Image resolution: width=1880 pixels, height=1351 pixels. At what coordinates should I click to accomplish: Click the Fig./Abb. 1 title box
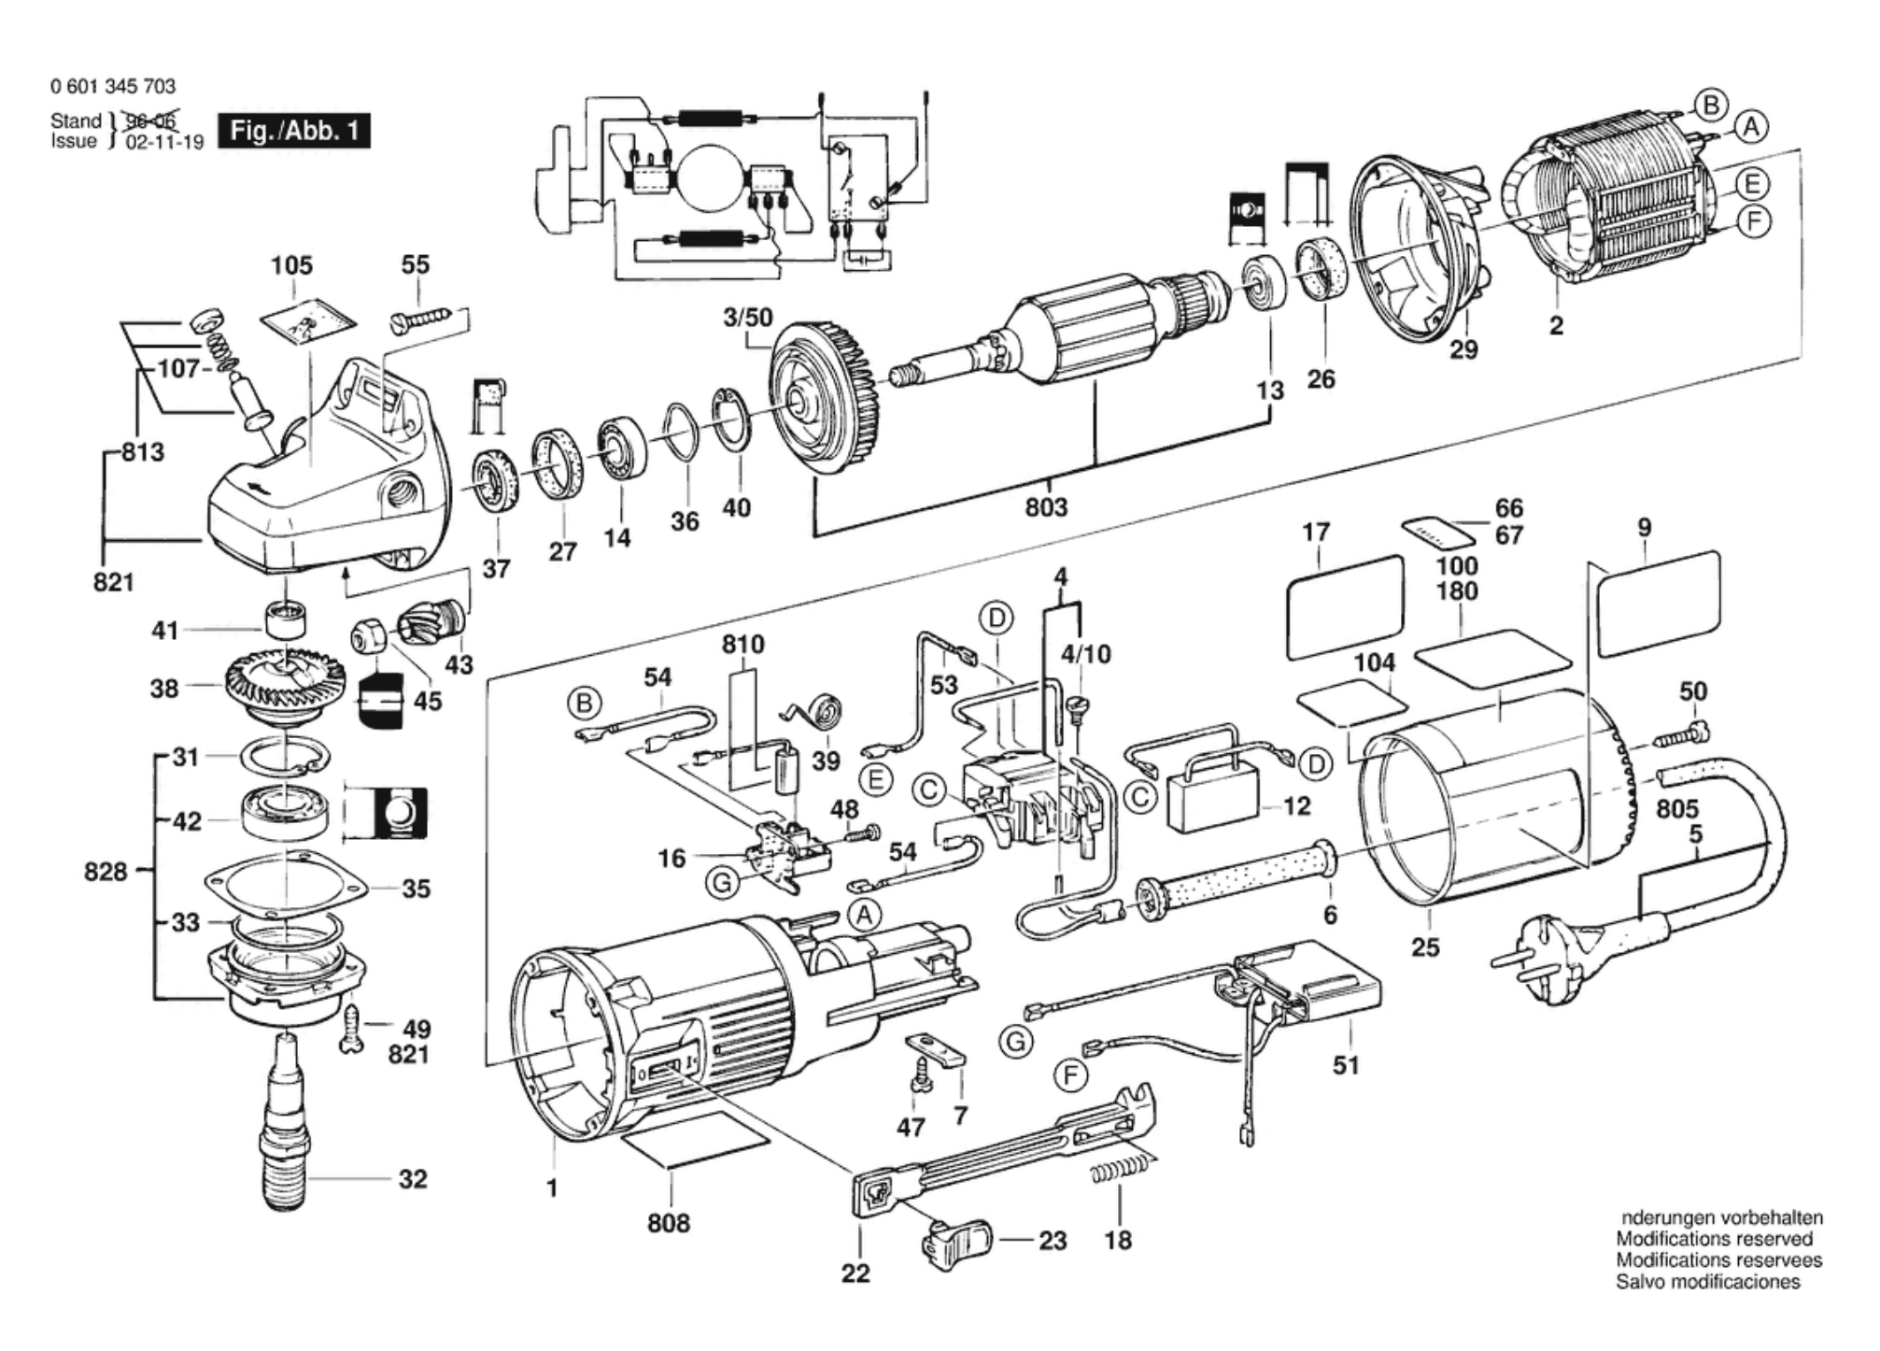tap(293, 131)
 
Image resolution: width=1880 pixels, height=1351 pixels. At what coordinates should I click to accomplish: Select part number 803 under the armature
tap(1045, 507)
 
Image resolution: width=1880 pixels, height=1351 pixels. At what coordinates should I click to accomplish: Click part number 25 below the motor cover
tap(1424, 947)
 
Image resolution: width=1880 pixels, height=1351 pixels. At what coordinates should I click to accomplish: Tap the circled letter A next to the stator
tap(1751, 127)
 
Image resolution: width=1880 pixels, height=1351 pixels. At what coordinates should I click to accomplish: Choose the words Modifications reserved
tap(1714, 1239)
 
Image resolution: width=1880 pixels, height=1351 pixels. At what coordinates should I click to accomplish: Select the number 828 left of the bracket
tap(105, 873)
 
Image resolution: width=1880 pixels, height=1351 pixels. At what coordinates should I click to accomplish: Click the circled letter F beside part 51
tap(1070, 1076)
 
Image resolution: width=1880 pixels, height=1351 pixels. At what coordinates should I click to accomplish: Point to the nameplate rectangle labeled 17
tap(1345, 606)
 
